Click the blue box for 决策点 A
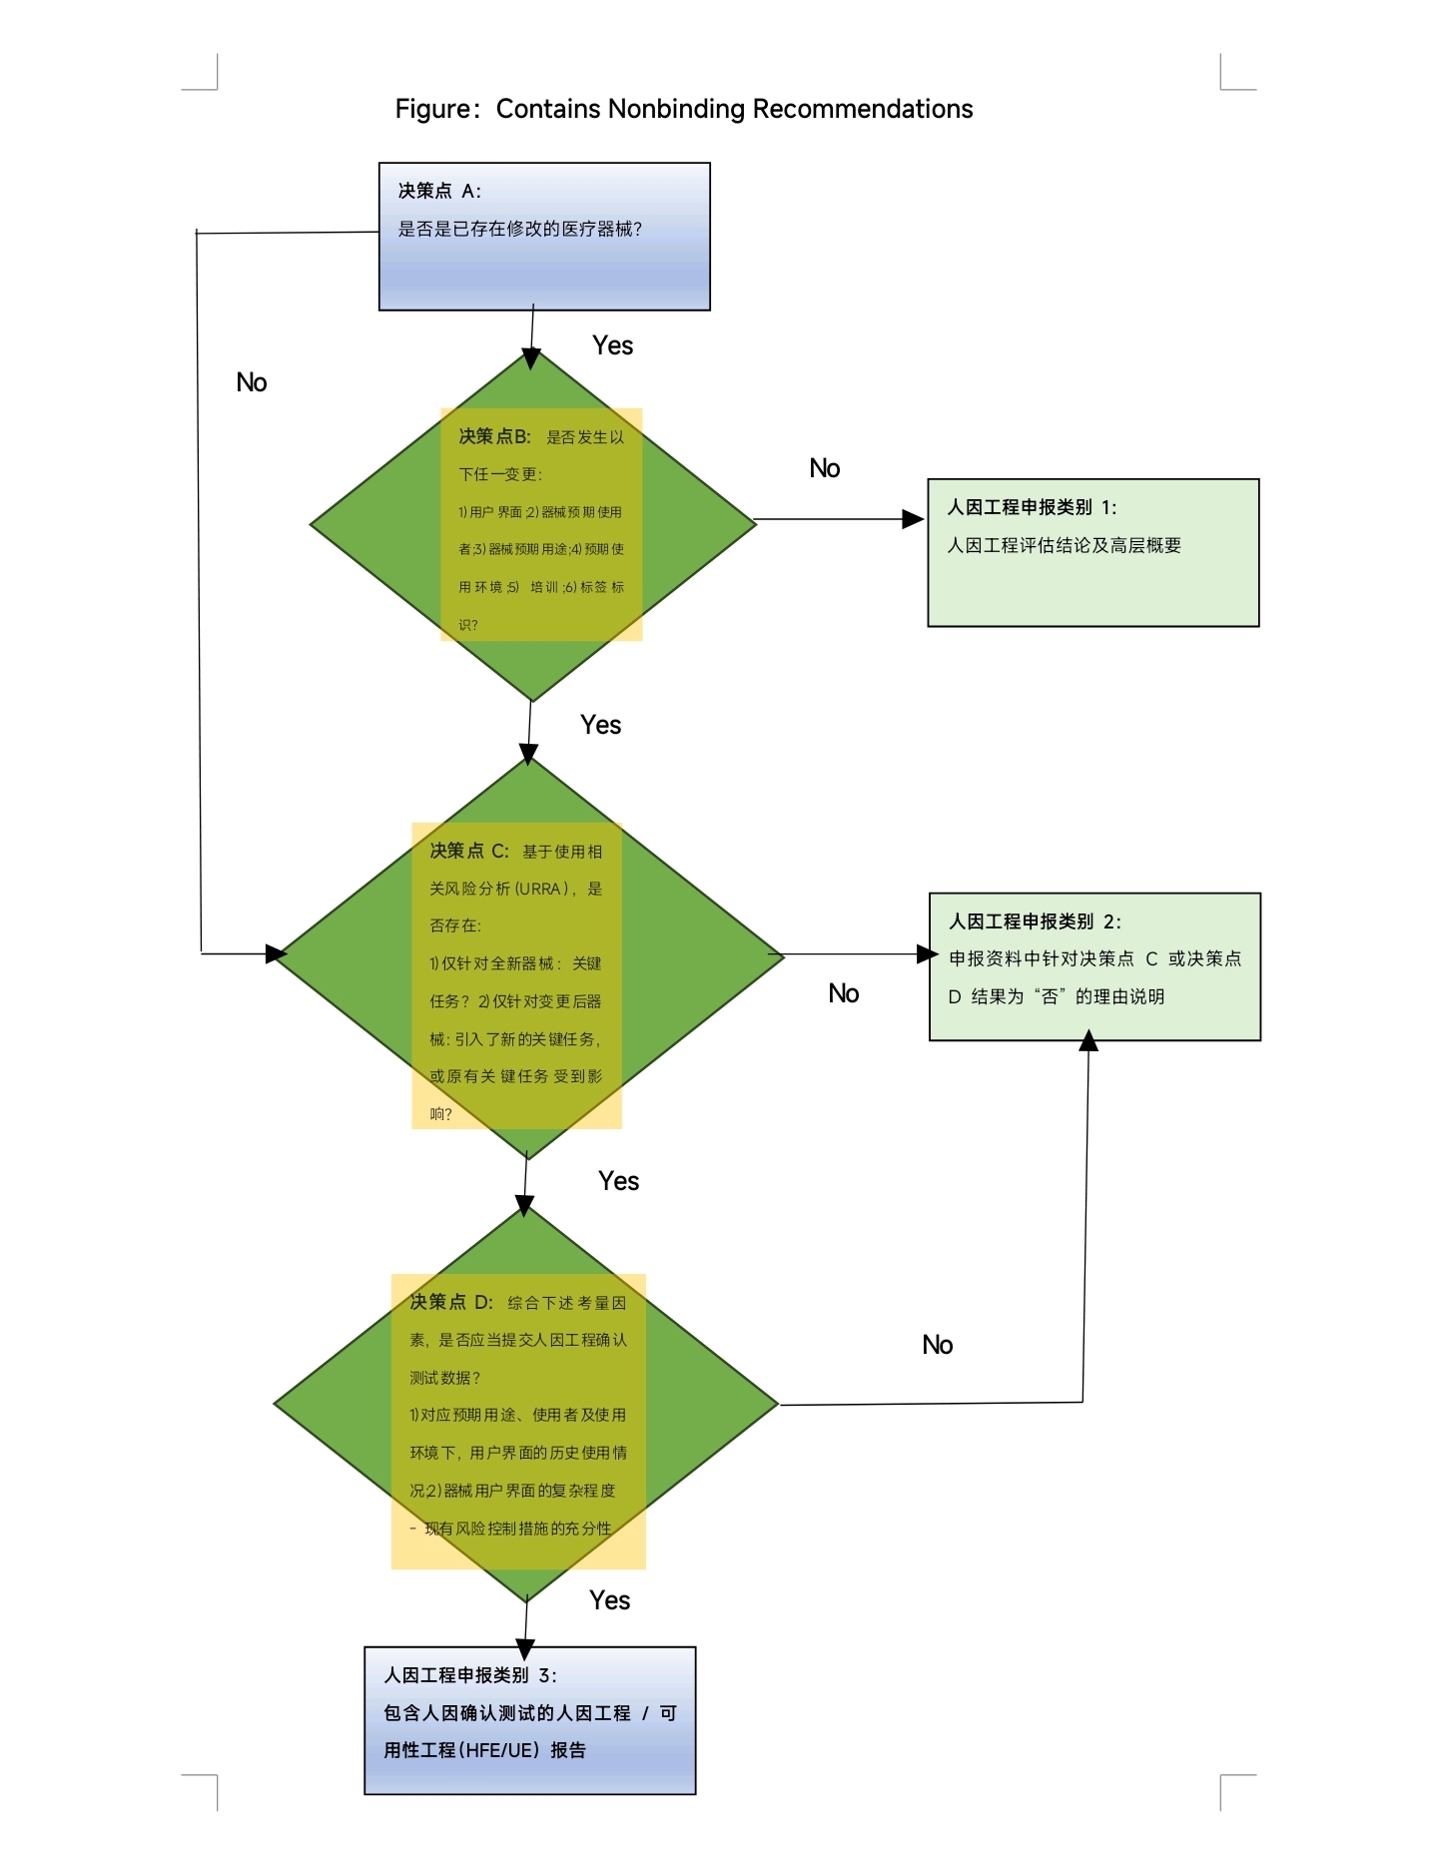coord(544,237)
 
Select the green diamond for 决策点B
coord(533,525)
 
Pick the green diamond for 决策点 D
coord(526,1405)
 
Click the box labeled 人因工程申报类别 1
coord(1093,553)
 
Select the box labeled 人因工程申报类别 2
coord(1094,966)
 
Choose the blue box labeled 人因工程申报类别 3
coord(530,1720)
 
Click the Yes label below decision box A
coord(612,345)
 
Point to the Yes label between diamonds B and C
coord(600,725)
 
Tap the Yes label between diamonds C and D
coord(618,1181)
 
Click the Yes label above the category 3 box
coord(609,1600)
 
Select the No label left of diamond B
coord(252,382)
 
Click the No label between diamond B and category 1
coord(825,468)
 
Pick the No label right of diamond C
coord(844,993)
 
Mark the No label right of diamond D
coord(938,1345)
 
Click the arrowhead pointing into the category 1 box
coord(914,519)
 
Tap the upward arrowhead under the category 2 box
coord(1088,1041)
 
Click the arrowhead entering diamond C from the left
coord(277,953)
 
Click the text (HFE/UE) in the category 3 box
coord(497,1750)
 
